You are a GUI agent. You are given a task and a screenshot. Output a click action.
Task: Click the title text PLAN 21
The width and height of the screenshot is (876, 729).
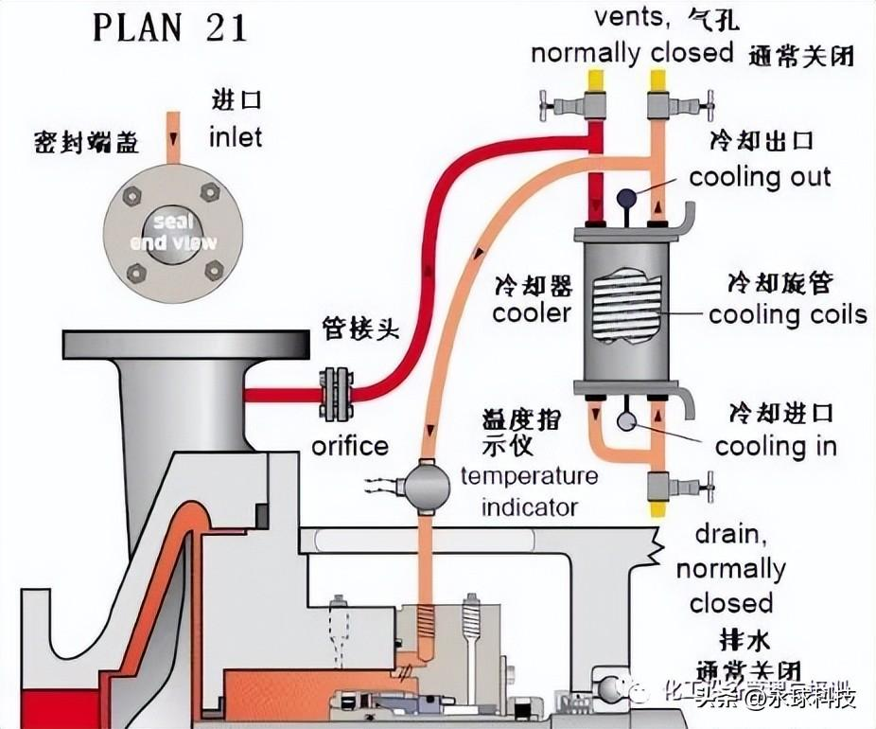[169, 27]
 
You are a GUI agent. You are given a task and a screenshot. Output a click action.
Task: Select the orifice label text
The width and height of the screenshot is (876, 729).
[351, 445]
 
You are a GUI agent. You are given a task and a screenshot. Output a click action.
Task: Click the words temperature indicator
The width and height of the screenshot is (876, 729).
[529, 490]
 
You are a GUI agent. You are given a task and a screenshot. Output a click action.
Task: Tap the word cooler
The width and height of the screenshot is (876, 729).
[532, 313]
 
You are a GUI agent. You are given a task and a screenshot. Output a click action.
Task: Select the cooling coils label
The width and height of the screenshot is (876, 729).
[787, 314]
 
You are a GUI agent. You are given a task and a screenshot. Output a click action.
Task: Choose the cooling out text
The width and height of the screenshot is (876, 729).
[760, 177]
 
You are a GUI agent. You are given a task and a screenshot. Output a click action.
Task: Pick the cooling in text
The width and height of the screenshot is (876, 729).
[776, 446]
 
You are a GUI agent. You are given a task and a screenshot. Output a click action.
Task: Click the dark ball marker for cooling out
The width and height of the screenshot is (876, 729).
[625, 198]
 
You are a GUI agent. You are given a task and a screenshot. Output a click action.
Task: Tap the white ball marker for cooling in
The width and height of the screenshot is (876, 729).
[625, 422]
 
